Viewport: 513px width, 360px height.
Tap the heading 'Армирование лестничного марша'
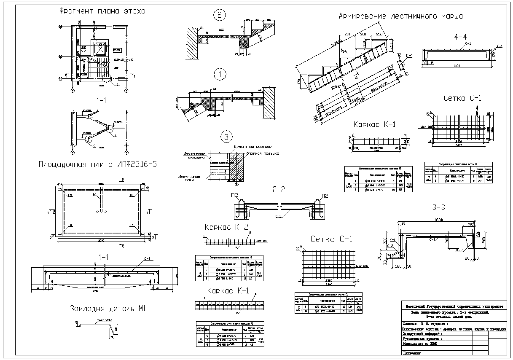coord(401,16)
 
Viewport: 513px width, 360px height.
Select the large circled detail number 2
coord(220,16)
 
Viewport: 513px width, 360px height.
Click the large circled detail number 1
coord(220,74)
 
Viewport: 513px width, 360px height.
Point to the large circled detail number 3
coord(226,137)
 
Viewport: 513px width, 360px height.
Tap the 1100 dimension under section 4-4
coord(462,66)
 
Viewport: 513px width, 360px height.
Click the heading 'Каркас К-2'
coord(224,228)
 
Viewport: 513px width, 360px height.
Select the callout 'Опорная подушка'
coord(263,154)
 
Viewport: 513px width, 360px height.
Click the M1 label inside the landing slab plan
coord(95,196)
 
